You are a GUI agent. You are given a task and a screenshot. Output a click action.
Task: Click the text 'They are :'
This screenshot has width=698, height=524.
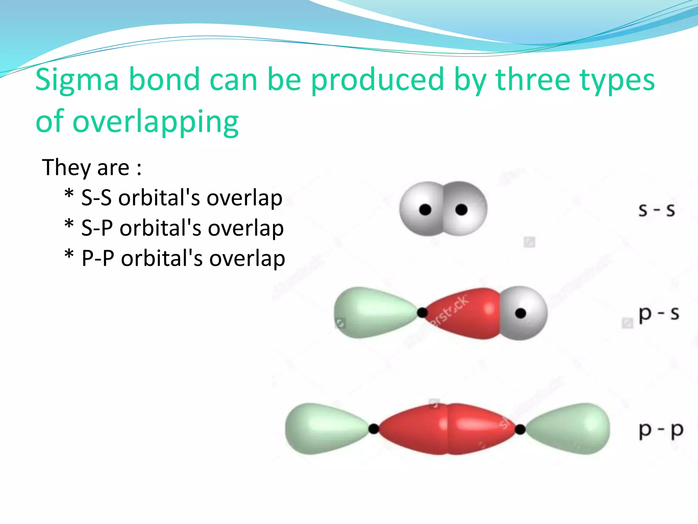pyautogui.click(x=91, y=168)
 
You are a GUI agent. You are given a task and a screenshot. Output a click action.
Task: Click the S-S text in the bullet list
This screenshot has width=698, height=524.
pyautogui.click(x=96, y=198)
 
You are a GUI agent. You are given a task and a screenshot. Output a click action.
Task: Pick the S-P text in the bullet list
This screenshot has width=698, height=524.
pyautogui.click(x=97, y=228)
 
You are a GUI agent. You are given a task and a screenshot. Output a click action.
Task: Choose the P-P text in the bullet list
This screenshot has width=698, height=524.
pyautogui.click(x=98, y=259)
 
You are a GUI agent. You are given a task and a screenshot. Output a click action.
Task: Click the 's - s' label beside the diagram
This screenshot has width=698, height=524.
pyautogui.click(x=656, y=210)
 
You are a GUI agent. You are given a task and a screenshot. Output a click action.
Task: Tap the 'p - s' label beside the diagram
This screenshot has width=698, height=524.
pyautogui.click(x=658, y=314)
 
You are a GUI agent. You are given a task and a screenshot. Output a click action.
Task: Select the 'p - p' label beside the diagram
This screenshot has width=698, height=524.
pyautogui.click(x=661, y=430)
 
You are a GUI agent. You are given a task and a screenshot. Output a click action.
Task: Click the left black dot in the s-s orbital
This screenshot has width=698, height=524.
pyautogui.click(x=425, y=209)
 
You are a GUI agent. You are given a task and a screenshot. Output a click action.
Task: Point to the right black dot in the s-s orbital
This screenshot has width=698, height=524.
pyautogui.click(x=461, y=209)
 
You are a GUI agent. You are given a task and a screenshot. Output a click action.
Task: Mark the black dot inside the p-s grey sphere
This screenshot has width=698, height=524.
pyautogui.click(x=520, y=313)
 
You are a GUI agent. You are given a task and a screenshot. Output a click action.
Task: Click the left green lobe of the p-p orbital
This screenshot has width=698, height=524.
pyautogui.click(x=324, y=429)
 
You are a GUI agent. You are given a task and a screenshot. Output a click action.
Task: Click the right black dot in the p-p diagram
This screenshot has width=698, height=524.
pyautogui.click(x=520, y=429)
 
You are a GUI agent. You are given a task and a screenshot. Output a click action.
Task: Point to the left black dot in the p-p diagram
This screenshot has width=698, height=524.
pyautogui.click(x=374, y=429)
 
